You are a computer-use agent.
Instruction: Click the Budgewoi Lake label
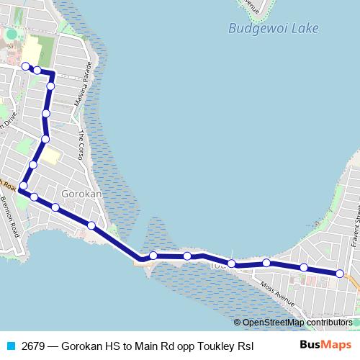pos(273,29)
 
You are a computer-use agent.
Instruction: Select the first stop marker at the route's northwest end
pos(26,66)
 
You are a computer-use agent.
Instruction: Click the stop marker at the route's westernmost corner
pos(23,186)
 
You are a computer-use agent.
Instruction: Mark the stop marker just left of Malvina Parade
pos(50,86)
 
